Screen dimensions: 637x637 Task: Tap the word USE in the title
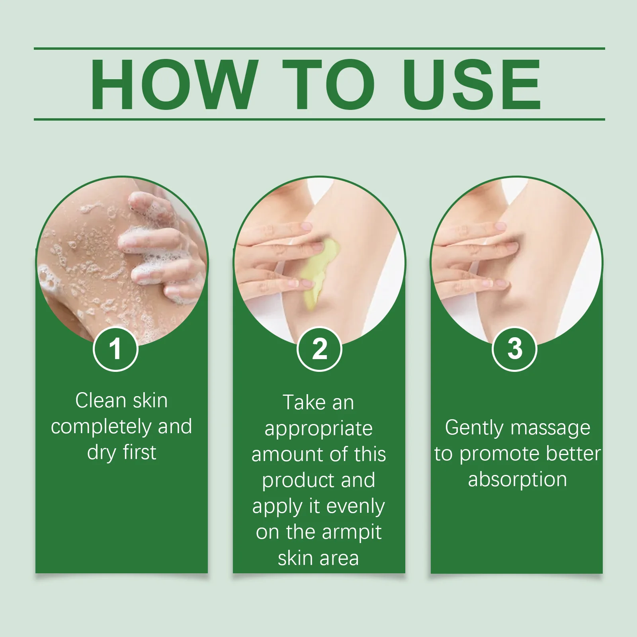(471, 84)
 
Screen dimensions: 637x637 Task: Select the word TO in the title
(329, 84)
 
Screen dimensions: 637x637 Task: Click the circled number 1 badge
(115, 349)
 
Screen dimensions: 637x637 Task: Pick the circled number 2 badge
(319, 349)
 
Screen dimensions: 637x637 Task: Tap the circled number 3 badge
(515, 349)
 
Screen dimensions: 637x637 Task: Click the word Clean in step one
(101, 401)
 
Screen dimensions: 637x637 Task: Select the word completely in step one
(102, 427)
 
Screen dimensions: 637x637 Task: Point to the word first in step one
(139, 453)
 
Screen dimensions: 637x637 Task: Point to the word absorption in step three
(517, 480)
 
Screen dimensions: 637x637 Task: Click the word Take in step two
(303, 403)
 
